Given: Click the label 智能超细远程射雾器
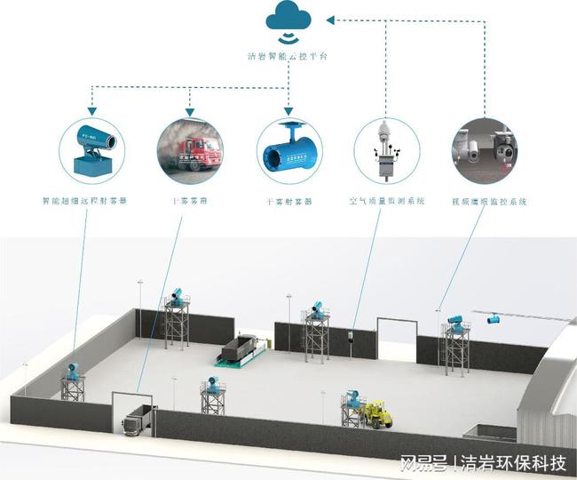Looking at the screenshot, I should pos(84,202).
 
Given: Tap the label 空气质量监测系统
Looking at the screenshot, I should pos(386,202).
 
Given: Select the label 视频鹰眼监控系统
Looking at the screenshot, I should pos(489,202).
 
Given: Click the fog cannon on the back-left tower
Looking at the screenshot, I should pos(177,293).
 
